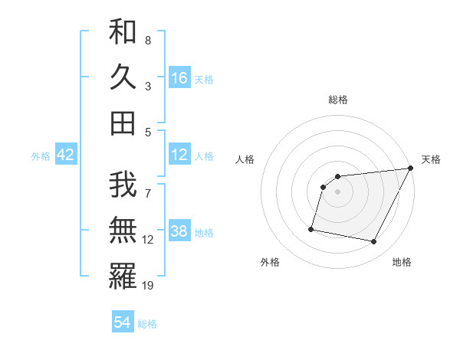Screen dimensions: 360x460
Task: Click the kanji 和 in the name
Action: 123,31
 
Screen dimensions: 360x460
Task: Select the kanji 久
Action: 123,77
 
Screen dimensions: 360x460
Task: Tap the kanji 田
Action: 123,123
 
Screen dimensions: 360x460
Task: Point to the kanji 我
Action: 123,185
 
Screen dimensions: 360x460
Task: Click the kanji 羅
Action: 123,276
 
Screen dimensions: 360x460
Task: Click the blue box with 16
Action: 179,78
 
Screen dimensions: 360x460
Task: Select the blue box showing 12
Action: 179,155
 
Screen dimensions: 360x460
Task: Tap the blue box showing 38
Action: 179,231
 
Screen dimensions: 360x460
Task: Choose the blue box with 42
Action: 65,155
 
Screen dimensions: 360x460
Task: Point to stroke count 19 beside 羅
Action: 149,286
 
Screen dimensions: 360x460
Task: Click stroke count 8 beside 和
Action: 148,40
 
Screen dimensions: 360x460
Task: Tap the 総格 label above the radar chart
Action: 337,100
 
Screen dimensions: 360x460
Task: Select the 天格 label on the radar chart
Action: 431,159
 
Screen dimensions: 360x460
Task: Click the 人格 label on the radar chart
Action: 245,159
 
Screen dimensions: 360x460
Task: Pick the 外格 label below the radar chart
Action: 270,262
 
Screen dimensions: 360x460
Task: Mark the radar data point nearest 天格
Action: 411,169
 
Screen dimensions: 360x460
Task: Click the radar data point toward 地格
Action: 374,242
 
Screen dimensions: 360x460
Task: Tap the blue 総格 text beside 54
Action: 147,324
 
